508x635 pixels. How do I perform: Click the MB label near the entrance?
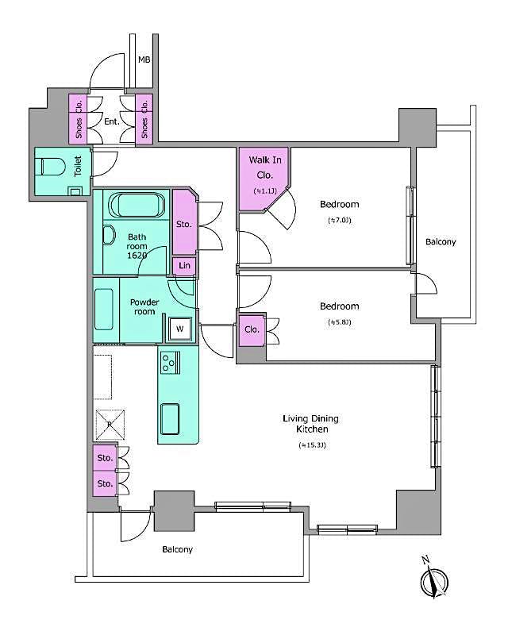(144, 60)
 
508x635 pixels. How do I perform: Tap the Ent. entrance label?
(112, 121)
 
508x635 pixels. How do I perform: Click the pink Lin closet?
(184, 265)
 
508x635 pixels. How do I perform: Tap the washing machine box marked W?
(179, 329)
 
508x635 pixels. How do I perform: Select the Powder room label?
(144, 306)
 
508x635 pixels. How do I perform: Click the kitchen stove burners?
(169, 364)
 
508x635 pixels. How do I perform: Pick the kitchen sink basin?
(171, 418)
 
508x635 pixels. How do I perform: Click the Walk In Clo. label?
(263, 167)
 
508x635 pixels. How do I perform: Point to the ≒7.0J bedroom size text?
(339, 220)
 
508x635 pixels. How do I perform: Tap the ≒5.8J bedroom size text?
(339, 322)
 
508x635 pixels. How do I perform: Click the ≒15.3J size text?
(313, 446)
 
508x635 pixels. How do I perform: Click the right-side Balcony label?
(441, 242)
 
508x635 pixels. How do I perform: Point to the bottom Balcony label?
(178, 549)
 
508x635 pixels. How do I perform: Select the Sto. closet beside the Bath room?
(183, 225)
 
